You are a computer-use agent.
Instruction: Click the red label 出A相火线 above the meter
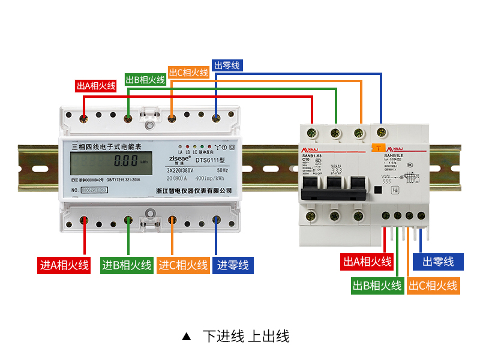tap(96, 86)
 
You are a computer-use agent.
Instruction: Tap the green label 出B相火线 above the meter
tap(145, 79)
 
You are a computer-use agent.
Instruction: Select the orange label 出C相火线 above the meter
tap(188, 73)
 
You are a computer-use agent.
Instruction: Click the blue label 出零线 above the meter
tap(227, 65)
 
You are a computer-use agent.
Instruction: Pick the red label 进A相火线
tap(64, 265)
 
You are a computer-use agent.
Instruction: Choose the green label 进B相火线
tap(127, 265)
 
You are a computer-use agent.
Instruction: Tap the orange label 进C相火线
tap(183, 265)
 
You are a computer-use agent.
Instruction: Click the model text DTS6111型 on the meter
tap(209, 160)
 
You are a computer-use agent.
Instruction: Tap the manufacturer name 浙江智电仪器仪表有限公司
tap(189, 190)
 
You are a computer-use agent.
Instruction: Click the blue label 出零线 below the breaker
tap(443, 262)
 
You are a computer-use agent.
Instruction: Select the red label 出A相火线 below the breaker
tap(367, 262)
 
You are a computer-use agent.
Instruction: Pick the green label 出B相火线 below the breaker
tap(377, 286)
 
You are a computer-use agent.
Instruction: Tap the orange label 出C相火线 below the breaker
tap(433, 286)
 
